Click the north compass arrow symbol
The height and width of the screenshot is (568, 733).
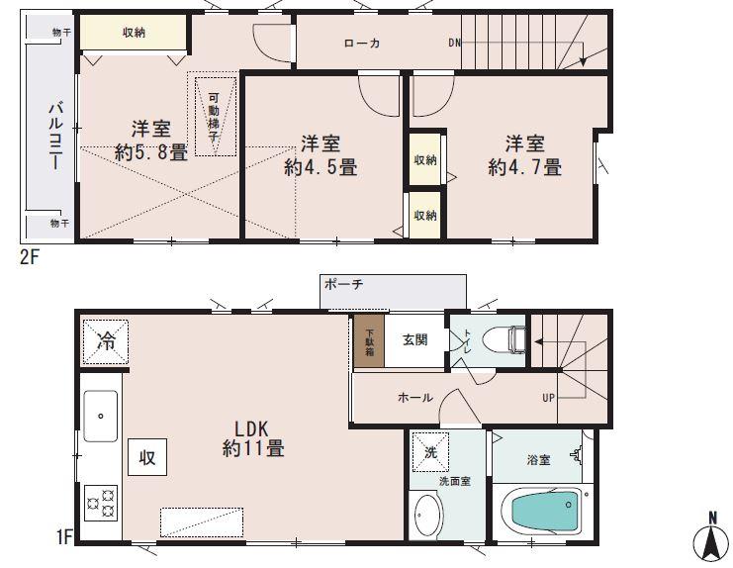(710, 539)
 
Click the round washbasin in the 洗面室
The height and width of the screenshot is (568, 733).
(428, 516)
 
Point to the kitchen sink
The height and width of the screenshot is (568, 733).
(99, 416)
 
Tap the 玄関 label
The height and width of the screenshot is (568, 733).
(413, 339)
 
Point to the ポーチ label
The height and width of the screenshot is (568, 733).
(344, 284)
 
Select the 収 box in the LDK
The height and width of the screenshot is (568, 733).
(146, 458)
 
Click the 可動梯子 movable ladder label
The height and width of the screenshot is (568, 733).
(214, 115)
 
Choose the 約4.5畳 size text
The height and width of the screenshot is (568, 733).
(320, 167)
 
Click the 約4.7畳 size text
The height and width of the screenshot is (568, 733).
(523, 167)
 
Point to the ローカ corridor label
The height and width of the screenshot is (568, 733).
(362, 43)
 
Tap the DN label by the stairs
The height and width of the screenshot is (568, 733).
(454, 43)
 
